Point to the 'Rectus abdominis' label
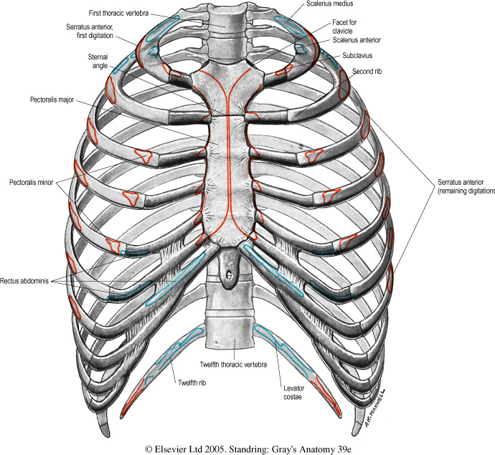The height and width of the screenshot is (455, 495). [x=26, y=262]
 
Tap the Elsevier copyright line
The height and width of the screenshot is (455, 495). [x=247, y=449]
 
